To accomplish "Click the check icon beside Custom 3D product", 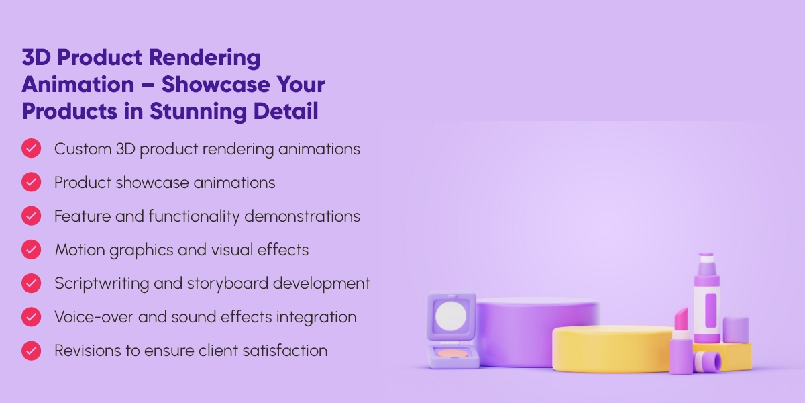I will [x=31, y=148].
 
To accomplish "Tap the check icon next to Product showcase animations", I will [x=31, y=182].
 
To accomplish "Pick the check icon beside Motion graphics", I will [x=31, y=249].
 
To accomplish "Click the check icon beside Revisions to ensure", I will [x=31, y=350].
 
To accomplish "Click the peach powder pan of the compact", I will [x=452, y=353].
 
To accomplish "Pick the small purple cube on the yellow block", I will [x=736, y=329].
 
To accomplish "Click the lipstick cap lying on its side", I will [x=707, y=362].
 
